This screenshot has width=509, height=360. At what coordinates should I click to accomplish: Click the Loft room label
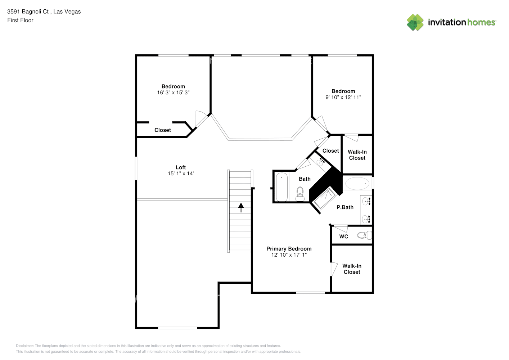pyautogui.click(x=180, y=167)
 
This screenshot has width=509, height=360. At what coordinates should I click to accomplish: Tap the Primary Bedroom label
pyautogui.click(x=289, y=249)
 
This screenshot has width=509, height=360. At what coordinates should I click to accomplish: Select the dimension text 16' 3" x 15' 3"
pyautogui.click(x=173, y=93)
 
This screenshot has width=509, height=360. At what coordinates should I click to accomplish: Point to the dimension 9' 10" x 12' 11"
pyautogui.click(x=343, y=97)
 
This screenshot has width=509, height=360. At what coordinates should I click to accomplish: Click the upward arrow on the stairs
pyautogui.click(x=241, y=207)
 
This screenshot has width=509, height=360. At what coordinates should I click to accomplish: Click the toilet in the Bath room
pyautogui.click(x=300, y=194)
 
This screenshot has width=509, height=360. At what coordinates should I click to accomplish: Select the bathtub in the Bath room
pyautogui.click(x=281, y=187)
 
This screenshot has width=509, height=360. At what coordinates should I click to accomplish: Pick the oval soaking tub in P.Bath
pyautogui.click(x=357, y=184)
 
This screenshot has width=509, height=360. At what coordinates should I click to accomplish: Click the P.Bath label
pyautogui.click(x=345, y=207)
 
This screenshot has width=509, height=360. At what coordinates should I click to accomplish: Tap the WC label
pyautogui.click(x=343, y=237)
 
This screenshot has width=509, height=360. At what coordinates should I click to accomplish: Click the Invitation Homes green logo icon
pyautogui.click(x=415, y=22)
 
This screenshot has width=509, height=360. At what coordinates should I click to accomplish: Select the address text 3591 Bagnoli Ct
pyautogui.click(x=28, y=12)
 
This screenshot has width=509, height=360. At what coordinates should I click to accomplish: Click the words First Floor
pyautogui.click(x=20, y=21)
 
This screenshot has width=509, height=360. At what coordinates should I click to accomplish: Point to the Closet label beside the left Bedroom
pyautogui.click(x=162, y=130)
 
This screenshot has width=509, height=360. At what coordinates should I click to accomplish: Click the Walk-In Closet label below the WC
pyautogui.click(x=352, y=269)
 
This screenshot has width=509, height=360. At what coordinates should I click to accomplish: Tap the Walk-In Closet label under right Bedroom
pyautogui.click(x=357, y=155)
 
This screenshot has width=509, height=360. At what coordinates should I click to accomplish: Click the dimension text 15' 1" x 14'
pyautogui.click(x=180, y=174)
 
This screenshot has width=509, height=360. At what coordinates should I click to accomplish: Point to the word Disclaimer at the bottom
pyautogui.click(x=24, y=346)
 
